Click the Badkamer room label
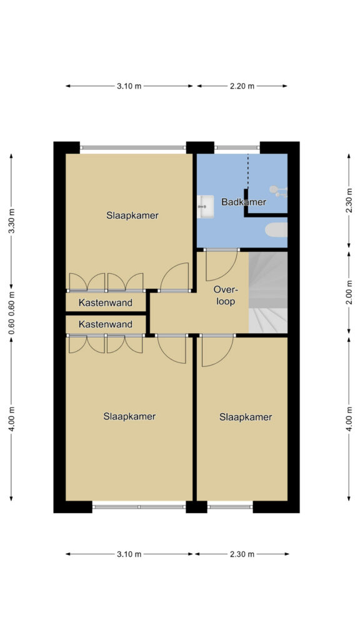244,202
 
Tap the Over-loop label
225,296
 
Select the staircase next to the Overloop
267,292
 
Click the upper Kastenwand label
106,303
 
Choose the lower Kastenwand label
106,324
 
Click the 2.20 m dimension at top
242,86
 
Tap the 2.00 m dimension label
349,292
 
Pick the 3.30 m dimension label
11,221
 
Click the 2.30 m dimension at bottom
242,554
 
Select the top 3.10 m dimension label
129,86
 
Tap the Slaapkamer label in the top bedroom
132,216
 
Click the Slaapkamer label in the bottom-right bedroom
246,417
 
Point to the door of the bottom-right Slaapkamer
217,350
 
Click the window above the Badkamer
237,147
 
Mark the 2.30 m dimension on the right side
349,200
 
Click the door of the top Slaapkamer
175,277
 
